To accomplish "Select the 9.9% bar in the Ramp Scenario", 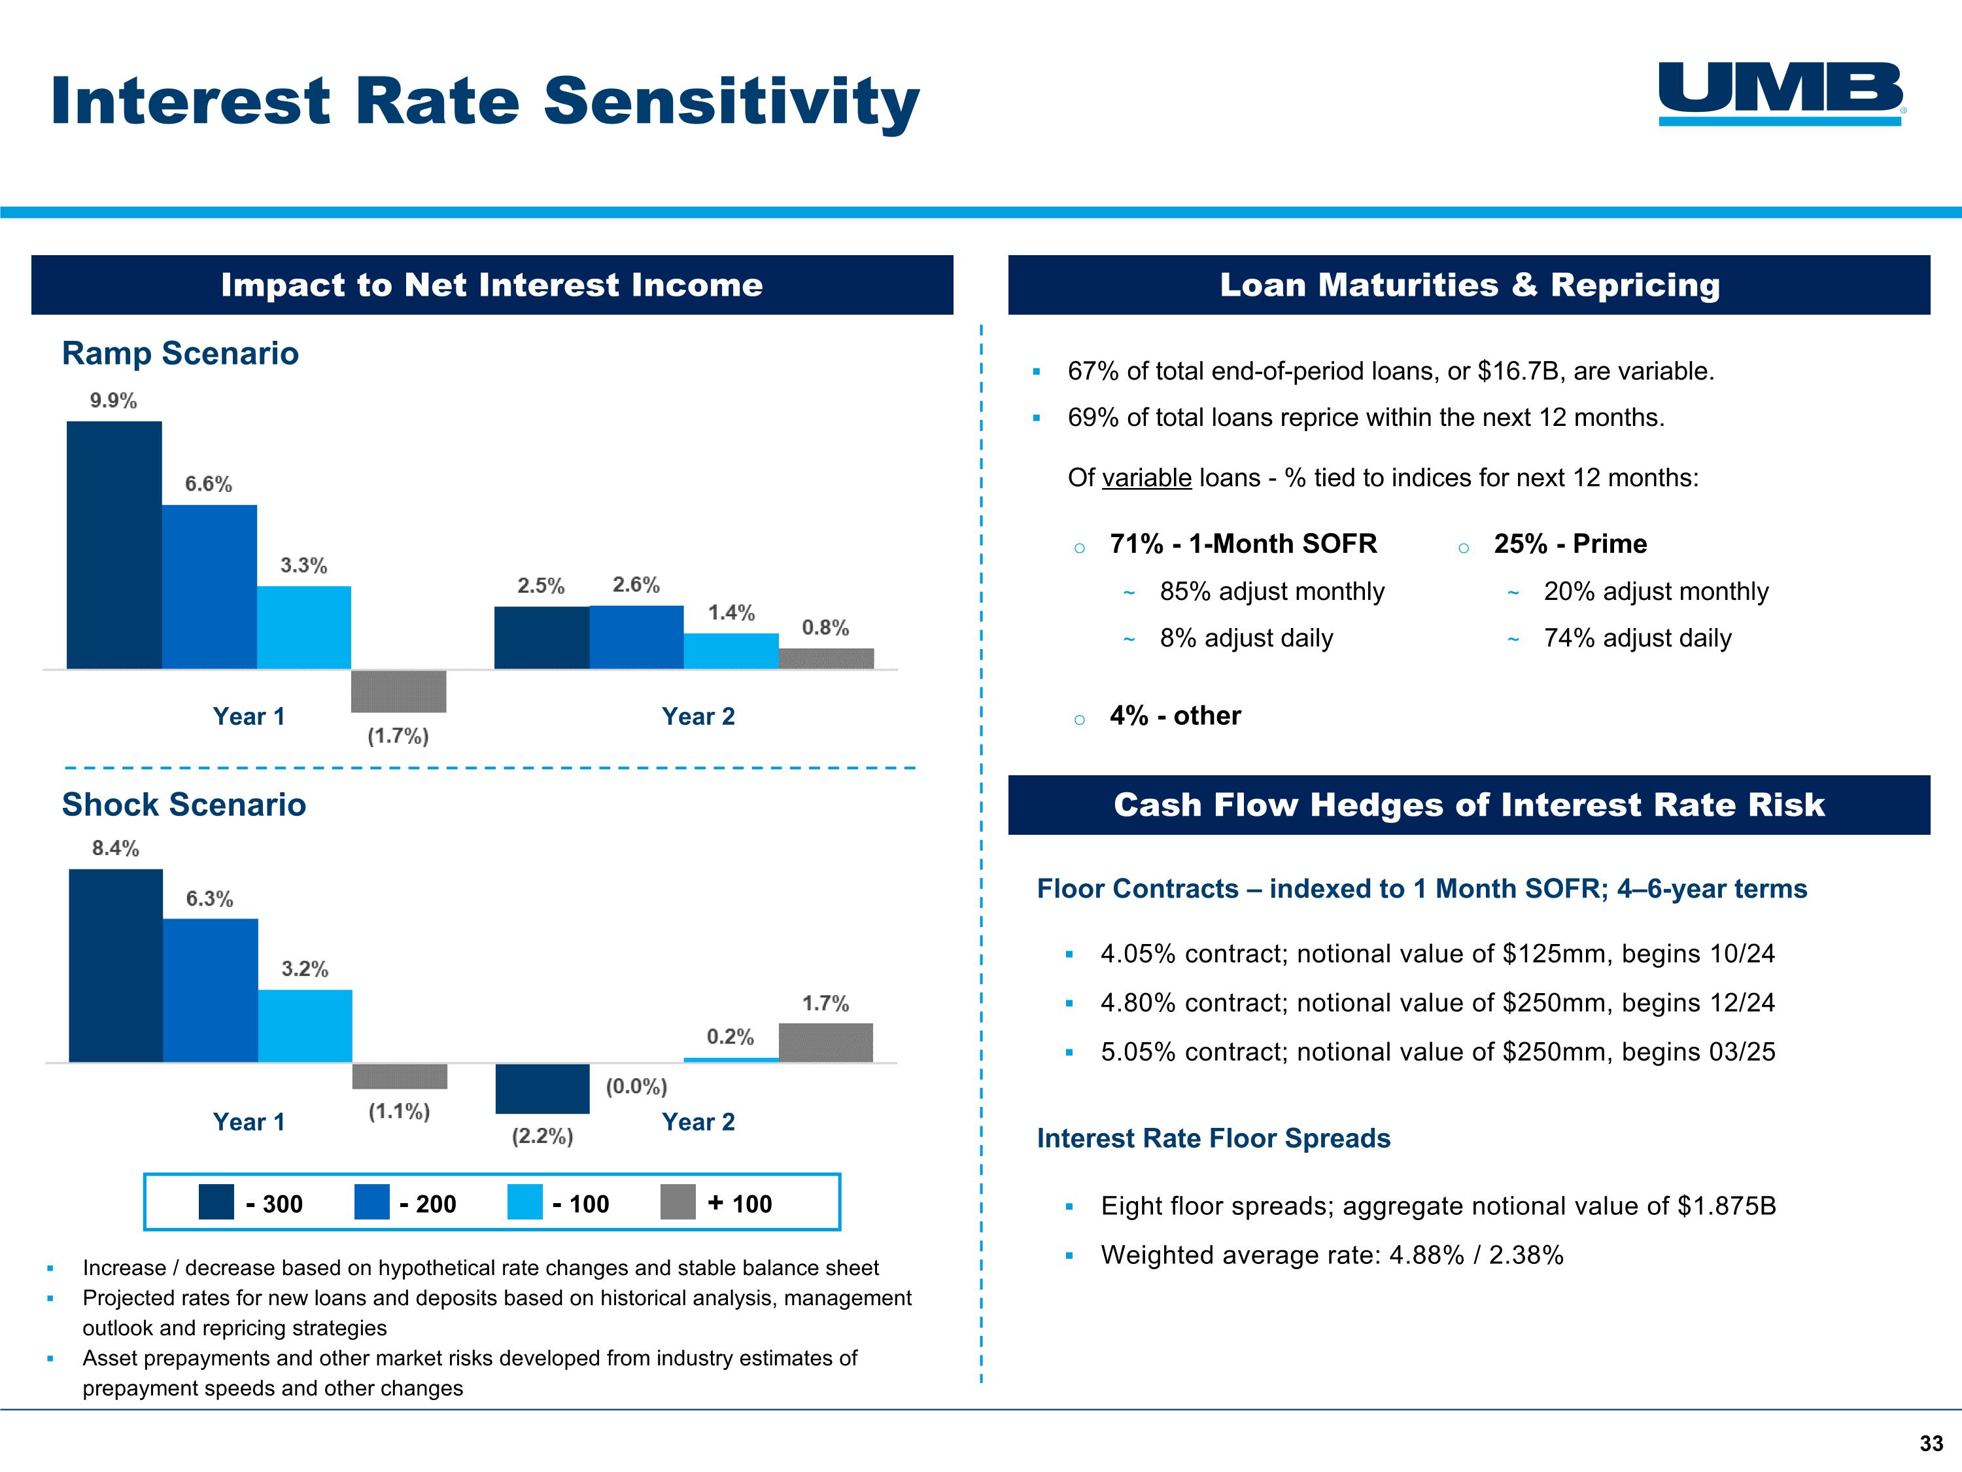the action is pos(114,545).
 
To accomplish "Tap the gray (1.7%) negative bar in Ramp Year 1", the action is pos(399,692).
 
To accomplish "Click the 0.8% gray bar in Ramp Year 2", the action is pos(827,658).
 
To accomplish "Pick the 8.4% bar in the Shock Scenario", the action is pos(116,966).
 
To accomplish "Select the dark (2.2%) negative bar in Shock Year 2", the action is pos(543,1089).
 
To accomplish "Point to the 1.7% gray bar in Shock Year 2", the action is pos(826,1043).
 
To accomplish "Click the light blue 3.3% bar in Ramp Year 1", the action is pos(304,627).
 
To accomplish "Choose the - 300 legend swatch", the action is pos(216,1202).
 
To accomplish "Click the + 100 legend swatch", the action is pos(679,1202).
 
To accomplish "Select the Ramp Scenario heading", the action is pos(180,353).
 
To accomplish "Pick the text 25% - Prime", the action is pos(1571,544).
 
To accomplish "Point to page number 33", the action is pos(1932,1444).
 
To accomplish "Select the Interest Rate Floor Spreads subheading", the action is pos(1213,1138).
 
